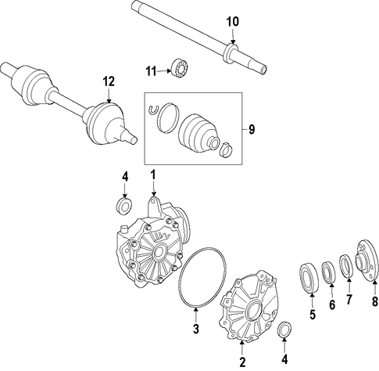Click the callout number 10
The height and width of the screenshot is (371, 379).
tap(233, 22)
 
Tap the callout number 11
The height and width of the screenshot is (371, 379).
tap(151, 71)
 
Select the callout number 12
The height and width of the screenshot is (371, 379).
tap(109, 82)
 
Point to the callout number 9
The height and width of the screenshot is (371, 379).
tap(252, 130)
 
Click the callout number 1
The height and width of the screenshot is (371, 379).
tap(153, 175)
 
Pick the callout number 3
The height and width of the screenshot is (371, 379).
tap(196, 329)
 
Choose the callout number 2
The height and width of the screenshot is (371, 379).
tap(242, 362)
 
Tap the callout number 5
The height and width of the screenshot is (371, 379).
tap(313, 315)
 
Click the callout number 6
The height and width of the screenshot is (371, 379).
tap(332, 304)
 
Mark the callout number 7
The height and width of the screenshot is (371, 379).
tap(349, 299)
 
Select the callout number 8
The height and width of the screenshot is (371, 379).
tap(374, 301)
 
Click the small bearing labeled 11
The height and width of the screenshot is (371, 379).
tap(181, 68)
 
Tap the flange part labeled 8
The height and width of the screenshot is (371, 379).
tap(366, 261)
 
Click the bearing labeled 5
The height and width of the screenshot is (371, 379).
tap(309, 279)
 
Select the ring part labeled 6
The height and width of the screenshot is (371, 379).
tap(328, 272)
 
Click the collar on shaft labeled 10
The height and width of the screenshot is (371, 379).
tap(231, 53)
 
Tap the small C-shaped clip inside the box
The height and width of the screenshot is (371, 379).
tap(153, 110)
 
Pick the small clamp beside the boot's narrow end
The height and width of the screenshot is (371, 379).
tap(227, 150)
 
